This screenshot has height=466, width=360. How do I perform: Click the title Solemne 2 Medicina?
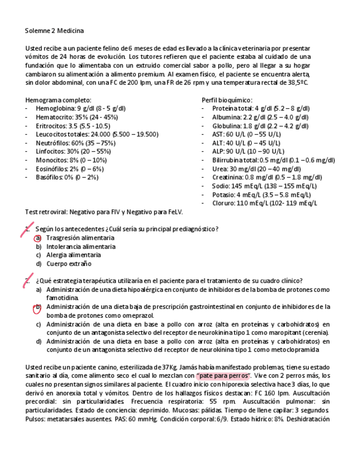pos(54,31)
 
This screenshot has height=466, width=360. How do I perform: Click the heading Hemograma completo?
pos(58,100)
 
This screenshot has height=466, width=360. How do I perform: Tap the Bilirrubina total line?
pos(273,160)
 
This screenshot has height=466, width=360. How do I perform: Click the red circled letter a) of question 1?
pos(38,238)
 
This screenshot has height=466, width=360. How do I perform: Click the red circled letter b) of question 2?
pos(38,307)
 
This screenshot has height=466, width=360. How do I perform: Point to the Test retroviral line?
pos(104,212)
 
